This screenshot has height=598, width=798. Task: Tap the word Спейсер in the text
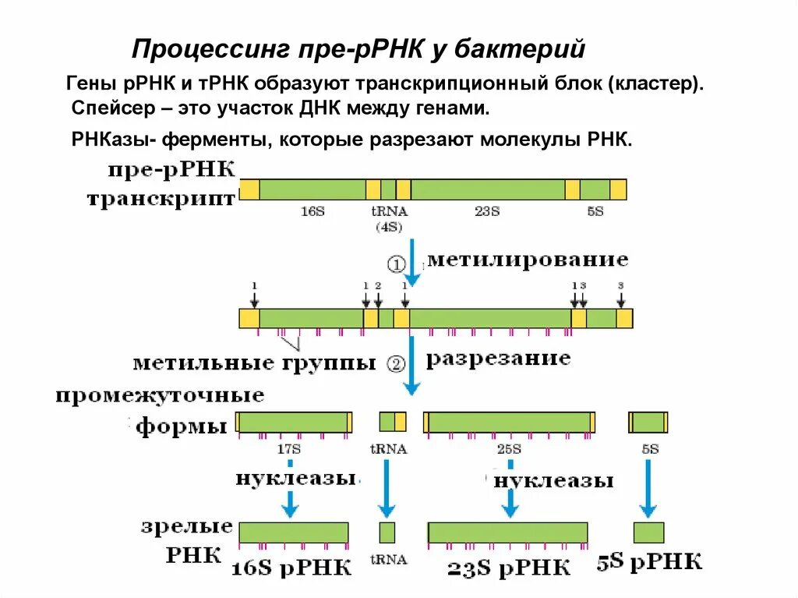coord(108,107)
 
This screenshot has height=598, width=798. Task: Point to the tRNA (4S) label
coord(389,219)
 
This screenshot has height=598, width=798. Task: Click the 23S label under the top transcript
coord(488,211)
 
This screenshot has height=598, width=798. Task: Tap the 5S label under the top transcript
coord(595,211)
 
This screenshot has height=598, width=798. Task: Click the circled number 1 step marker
coord(396,264)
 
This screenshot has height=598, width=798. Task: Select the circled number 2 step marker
coord(396,363)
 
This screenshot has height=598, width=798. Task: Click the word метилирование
coord(527,258)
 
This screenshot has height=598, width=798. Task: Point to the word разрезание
coord(498,359)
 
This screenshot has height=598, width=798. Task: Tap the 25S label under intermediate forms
coord(509,449)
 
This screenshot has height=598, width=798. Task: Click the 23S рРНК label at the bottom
coord(509,566)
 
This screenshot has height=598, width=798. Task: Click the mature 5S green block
coord(648,533)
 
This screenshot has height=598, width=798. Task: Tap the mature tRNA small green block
coord(387,533)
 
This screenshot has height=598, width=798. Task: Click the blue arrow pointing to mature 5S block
coord(648,487)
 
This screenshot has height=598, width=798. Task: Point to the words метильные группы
coord(254,363)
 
